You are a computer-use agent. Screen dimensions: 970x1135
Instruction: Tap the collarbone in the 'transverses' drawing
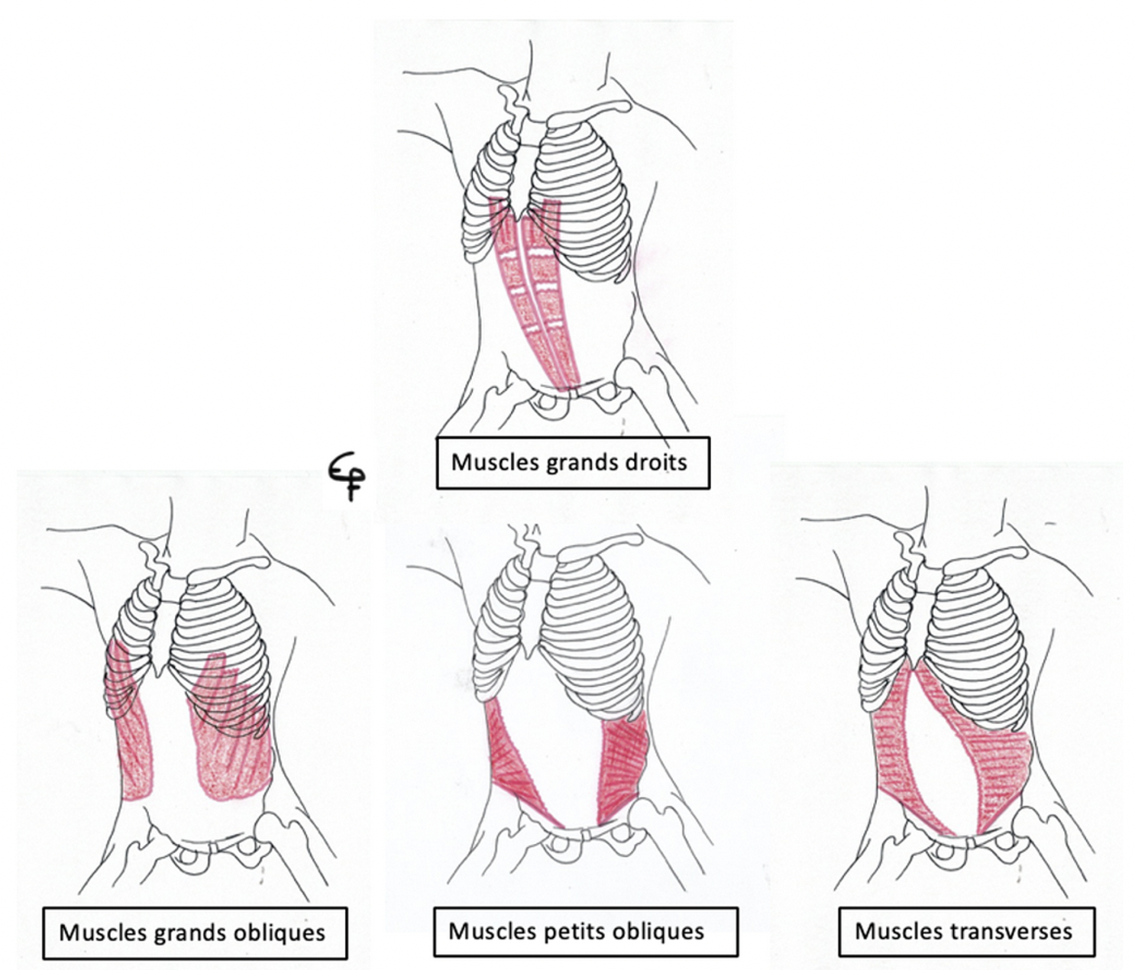click(992, 557)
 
